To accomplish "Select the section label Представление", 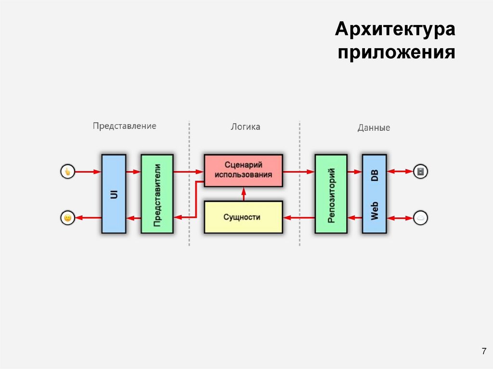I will [x=125, y=126].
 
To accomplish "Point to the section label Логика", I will [x=245, y=127].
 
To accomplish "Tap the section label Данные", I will [x=374, y=128].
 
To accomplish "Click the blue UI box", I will [x=114, y=194].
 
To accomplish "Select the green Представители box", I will [x=157, y=194].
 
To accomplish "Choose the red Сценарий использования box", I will [x=243, y=171].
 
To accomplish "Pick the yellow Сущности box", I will [x=243, y=217].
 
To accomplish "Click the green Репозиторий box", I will [x=331, y=194].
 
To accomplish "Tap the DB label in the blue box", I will [x=374, y=175].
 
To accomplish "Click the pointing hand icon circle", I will [x=68, y=171].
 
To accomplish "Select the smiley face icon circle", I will [x=68, y=218].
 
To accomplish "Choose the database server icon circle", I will [x=420, y=171].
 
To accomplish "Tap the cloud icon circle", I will [x=420, y=218].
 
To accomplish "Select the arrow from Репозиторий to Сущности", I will [x=298, y=218].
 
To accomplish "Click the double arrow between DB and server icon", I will [x=400, y=171].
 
